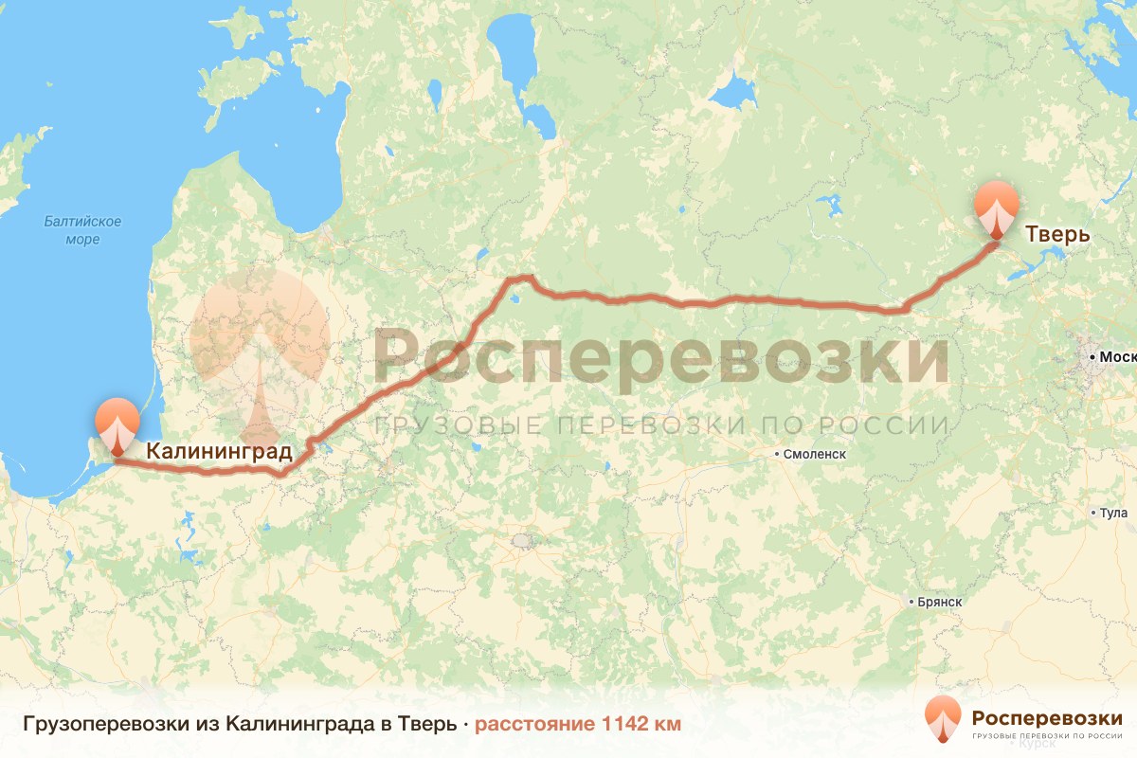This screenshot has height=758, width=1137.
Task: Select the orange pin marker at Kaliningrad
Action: [x=117, y=425]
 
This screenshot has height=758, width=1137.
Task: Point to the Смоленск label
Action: [x=814, y=454]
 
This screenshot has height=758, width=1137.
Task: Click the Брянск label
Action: [x=940, y=602]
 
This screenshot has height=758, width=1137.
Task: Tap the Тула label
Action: [x=1114, y=514]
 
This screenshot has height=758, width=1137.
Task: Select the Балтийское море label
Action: [x=82, y=230]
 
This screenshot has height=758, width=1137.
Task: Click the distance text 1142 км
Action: [x=641, y=725]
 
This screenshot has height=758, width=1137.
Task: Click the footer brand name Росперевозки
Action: [x=1047, y=716]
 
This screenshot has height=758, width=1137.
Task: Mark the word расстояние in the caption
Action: [x=534, y=725]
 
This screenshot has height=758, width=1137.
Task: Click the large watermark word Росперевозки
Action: [x=660, y=358]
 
